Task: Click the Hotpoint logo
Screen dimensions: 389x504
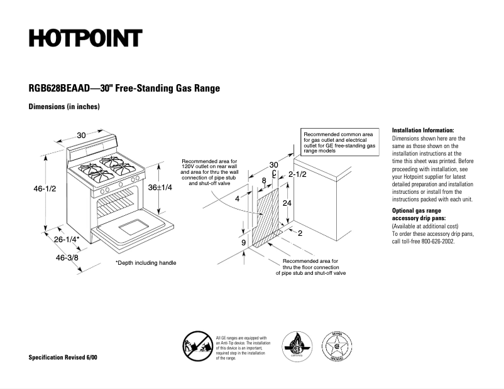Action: [x=85, y=39]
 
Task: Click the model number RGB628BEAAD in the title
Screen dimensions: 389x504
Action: [x=58, y=88]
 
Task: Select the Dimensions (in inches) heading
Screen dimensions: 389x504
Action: [x=65, y=107]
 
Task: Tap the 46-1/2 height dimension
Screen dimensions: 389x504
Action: [x=40, y=189]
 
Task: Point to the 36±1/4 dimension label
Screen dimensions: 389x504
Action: [x=161, y=188]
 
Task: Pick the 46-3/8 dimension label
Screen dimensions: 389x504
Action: [x=67, y=257]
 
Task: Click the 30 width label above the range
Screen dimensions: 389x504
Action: [x=82, y=135]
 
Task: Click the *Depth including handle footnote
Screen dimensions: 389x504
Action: [x=146, y=262]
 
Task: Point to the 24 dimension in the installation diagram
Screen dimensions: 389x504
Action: [x=287, y=203]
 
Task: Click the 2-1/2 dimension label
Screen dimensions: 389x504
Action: [x=297, y=174]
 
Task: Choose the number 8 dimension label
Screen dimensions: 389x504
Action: [x=264, y=181]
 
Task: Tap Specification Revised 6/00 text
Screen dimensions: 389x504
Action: [x=63, y=358]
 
